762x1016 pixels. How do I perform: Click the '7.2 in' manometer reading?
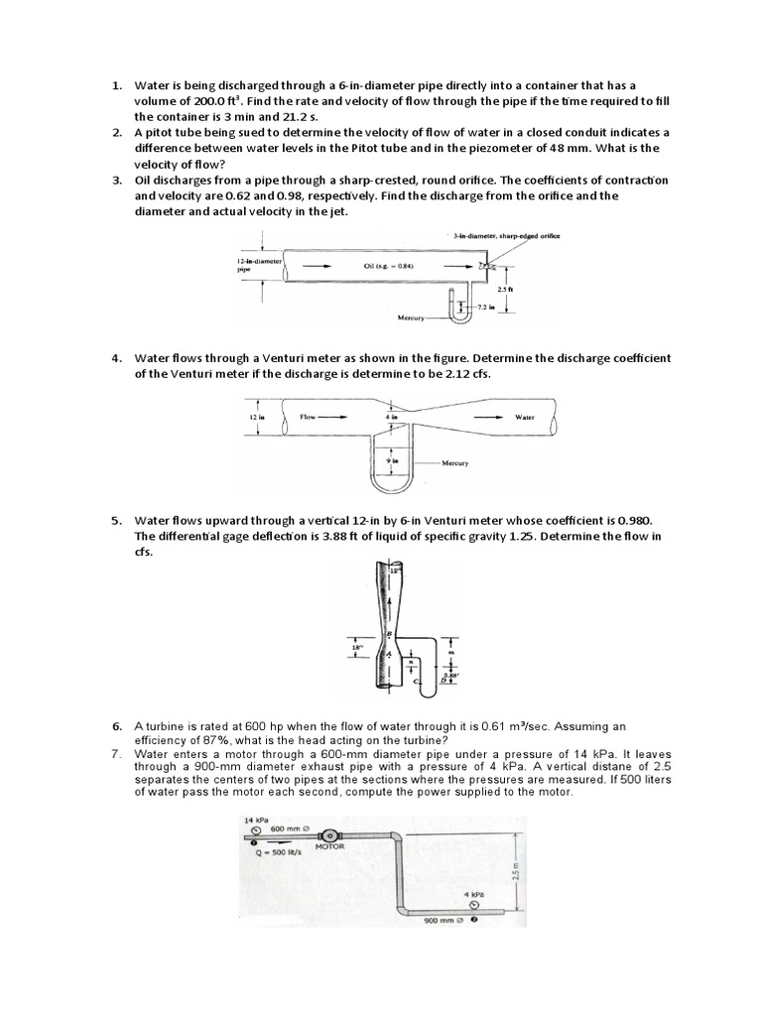[x=487, y=310]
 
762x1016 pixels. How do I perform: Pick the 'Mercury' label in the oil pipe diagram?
[x=410, y=318]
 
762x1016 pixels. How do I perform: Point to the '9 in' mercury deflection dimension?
[x=392, y=460]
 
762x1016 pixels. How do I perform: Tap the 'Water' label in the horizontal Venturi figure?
[x=525, y=418]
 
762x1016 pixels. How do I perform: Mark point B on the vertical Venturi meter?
[x=374, y=633]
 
